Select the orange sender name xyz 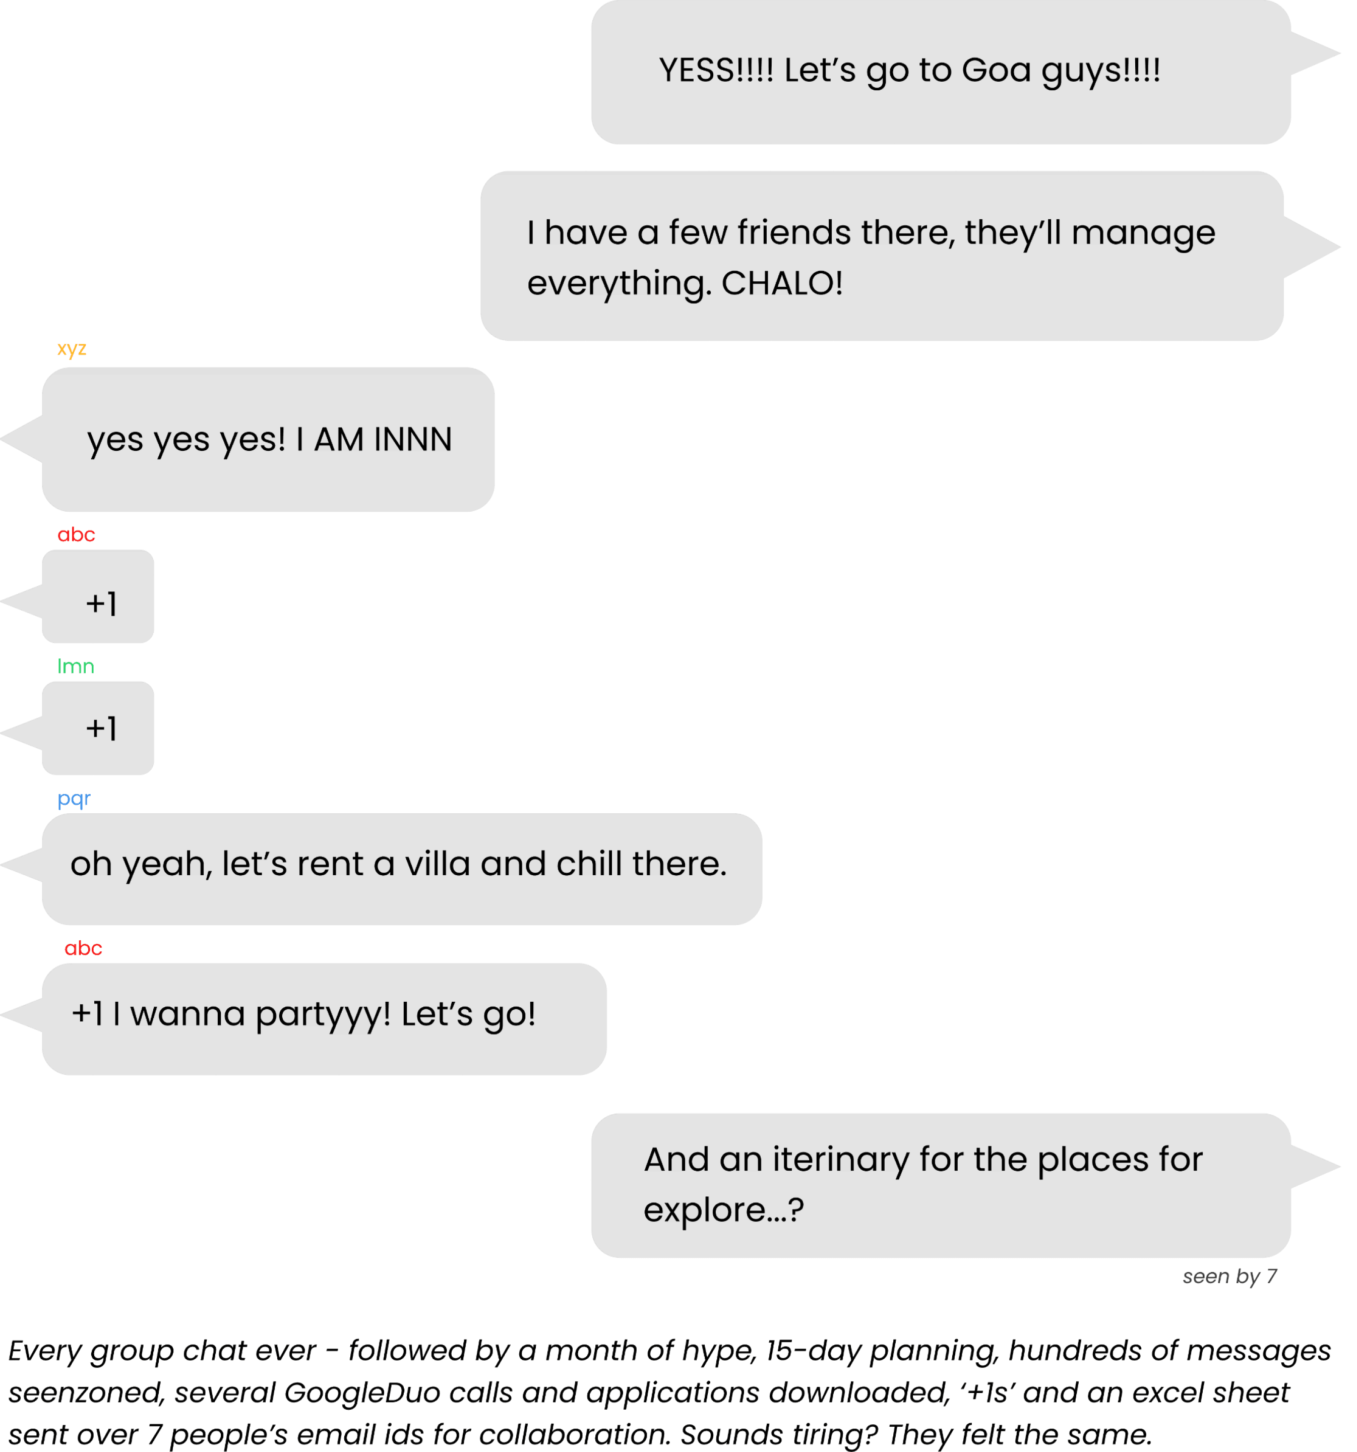tap(72, 348)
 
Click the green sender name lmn tap(75, 666)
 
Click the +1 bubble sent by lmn tap(98, 728)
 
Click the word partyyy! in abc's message tap(323, 1014)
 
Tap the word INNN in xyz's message tap(413, 440)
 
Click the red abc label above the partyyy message tap(83, 948)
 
